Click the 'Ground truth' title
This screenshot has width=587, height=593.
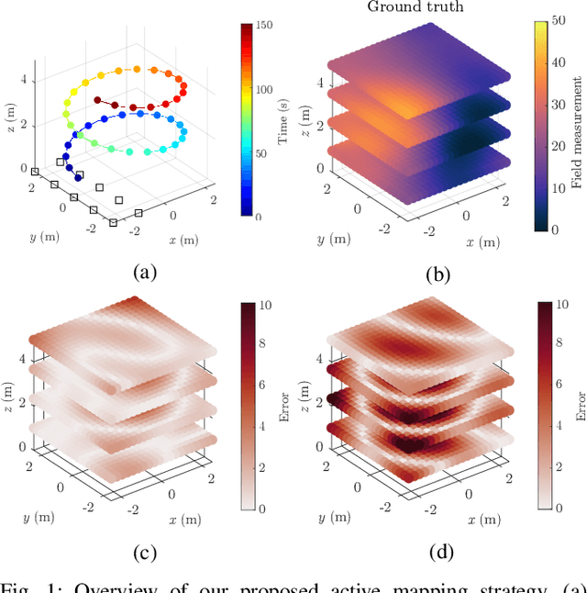[415, 7]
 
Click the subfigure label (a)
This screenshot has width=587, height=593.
[146, 271]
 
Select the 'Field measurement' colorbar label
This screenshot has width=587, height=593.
[575, 119]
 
